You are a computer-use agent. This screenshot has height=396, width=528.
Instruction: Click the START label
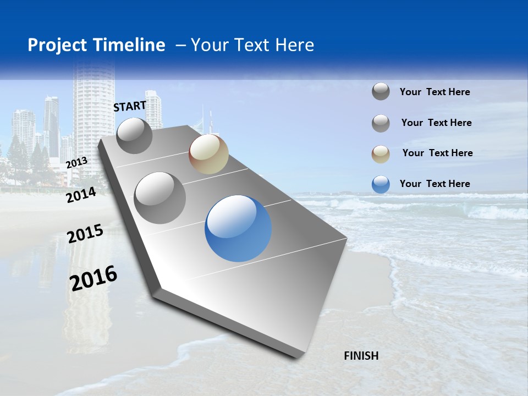(x=130, y=106)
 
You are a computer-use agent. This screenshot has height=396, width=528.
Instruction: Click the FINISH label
(x=361, y=356)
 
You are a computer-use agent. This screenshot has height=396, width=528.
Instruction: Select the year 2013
(x=76, y=162)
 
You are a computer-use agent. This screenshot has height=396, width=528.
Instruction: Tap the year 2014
(x=81, y=195)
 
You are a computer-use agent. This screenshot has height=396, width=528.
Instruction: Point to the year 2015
(x=85, y=233)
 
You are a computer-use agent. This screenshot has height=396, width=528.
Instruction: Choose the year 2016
(x=94, y=278)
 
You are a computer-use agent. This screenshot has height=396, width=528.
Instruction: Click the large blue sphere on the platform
(x=238, y=228)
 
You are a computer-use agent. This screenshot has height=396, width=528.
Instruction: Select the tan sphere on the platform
(x=208, y=154)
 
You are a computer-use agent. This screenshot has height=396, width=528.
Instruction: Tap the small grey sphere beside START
(x=134, y=135)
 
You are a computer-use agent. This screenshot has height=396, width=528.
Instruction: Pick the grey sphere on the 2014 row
(x=160, y=197)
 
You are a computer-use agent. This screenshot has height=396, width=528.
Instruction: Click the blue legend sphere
(x=381, y=184)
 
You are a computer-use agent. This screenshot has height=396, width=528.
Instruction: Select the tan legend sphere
(x=381, y=153)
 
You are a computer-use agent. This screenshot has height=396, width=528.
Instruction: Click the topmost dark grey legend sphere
(x=381, y=91)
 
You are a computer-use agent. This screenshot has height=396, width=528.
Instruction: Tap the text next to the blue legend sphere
(x=435, y=184)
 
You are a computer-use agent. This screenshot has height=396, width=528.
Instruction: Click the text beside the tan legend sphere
(x=437, y=153)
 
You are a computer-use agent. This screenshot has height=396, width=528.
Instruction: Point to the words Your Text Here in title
(x=252, y=45)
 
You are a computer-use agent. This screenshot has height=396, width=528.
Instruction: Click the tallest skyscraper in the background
(x=94, y=110)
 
